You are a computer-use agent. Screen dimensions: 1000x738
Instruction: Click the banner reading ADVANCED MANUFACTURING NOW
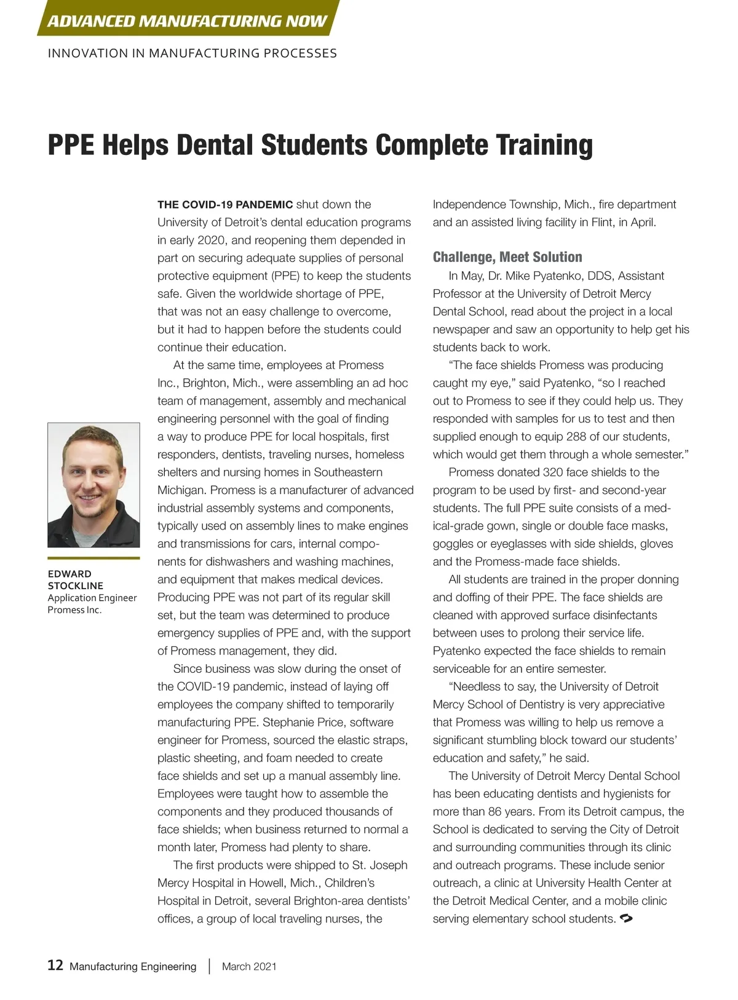pyautogui.click(x=187, y=21)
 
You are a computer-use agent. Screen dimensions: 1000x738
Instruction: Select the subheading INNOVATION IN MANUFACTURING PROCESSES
pyautogui.click(x=192, y=54)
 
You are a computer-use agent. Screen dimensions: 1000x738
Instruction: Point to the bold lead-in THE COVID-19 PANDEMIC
pyautogui.click(x=225, y=205)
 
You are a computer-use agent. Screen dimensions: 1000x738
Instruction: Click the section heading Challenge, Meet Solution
pyautogui.click(x=507, y=257)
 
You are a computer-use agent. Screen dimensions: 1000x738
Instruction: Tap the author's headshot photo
pyautogui.click(x=93, y=485)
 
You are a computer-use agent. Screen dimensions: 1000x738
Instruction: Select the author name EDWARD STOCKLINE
pyautogui.click(x=75, y=579)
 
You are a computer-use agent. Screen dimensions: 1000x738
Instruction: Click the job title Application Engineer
pyautogui.click(x=92, y=598)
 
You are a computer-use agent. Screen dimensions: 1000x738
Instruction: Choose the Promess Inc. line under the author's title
pyautogui.click(x=74, y=610)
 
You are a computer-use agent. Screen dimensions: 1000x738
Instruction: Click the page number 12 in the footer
pyautogui.click(x=55, y=965)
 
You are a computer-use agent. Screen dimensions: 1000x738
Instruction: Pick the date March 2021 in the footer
pyautogui.click(x=249, y=966)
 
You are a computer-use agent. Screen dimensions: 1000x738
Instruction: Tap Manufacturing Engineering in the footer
pyautogui.click(x=133, y=966)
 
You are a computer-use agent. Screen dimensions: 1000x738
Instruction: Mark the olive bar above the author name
pyautogui.click(x=93, y=558)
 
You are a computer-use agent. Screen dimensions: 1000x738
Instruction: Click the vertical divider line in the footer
pyautogui.click(x=209, y=966)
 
